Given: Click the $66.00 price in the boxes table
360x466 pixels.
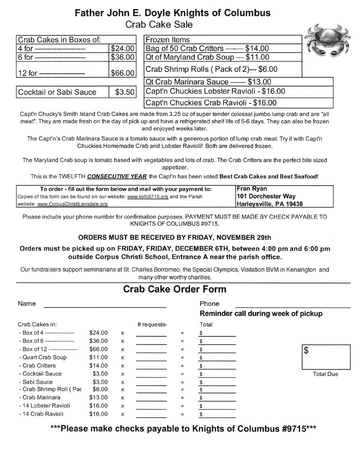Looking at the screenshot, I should point(123,73).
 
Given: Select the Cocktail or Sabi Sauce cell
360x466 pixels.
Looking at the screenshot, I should point(57,92).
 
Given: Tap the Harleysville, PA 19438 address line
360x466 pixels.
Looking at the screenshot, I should point(269,204).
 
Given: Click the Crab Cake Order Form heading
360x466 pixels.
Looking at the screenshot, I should point(174,289).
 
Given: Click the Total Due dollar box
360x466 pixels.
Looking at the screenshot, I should point(326,357).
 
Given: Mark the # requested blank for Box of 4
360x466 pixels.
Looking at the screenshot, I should point(151,334).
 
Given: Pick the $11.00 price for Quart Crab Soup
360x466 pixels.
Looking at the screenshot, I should point(99,357).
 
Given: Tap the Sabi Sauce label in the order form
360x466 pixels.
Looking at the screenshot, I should point(37,382).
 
